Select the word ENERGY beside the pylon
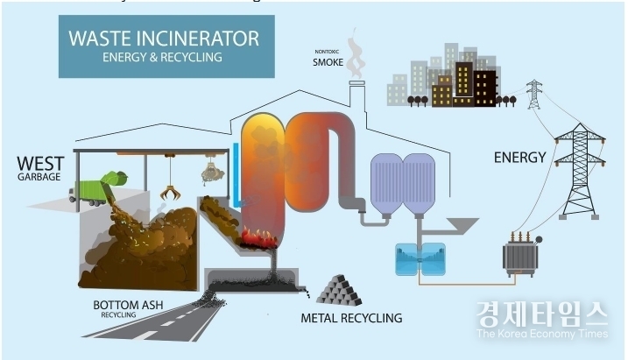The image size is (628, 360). click(519, 158)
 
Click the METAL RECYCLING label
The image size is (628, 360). click(351, 318)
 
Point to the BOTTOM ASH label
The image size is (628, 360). click(128, 305)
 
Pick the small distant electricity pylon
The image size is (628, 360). click(533, 95)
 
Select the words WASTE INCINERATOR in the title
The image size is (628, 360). click(164, 39)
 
